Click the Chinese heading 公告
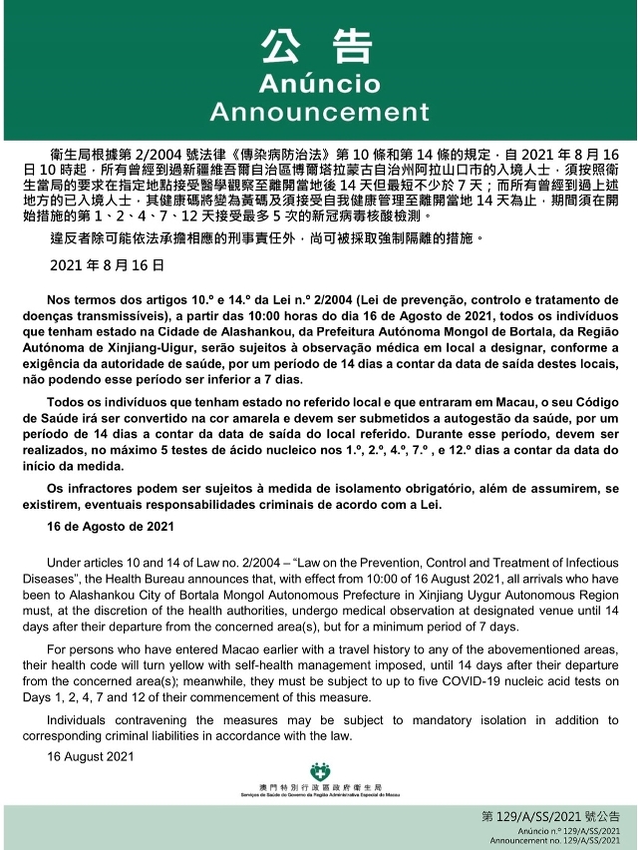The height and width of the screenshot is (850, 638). (x=318, y=46)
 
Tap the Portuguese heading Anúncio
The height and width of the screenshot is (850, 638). (x=318, y=82)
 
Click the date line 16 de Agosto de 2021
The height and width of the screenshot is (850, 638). (x=98, y=525)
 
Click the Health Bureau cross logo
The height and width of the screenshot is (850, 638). (x=319, y=772)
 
